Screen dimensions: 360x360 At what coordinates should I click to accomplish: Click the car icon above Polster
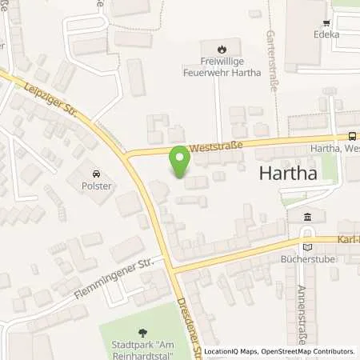(96, 174)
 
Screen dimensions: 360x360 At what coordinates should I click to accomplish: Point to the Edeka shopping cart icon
(326, 23)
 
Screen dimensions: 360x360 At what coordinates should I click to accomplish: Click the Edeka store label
(326, 35)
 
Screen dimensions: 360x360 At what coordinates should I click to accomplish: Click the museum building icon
(309, 218)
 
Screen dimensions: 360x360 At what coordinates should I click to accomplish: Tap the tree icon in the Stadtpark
(143, 333)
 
